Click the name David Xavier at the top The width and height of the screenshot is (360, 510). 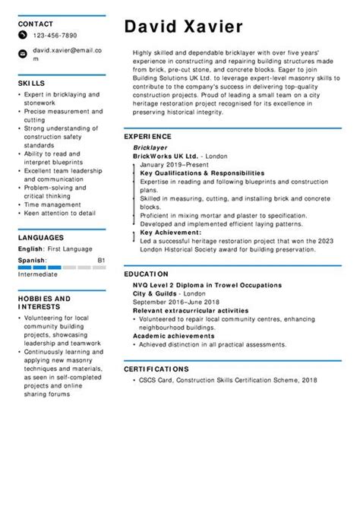(184, 27)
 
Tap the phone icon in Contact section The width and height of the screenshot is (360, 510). (24, 36)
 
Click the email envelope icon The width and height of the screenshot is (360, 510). (24, 53)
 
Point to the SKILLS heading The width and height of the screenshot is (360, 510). (31, 83)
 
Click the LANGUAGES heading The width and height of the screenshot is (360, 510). (40, 237)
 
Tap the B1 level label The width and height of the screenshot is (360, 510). (101, 260)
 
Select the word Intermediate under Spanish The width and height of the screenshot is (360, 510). (39, 274)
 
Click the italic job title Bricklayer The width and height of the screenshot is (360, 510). (150, 147)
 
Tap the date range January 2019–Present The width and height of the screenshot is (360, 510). (174, 164)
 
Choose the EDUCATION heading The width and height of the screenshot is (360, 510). (146, 273)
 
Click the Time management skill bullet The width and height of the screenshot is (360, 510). (52, 204)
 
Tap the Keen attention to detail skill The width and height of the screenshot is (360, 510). (60, 214)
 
